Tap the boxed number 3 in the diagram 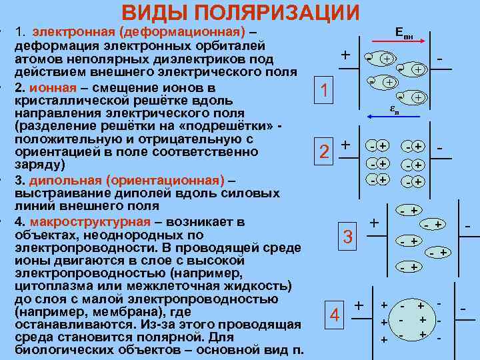347,236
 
